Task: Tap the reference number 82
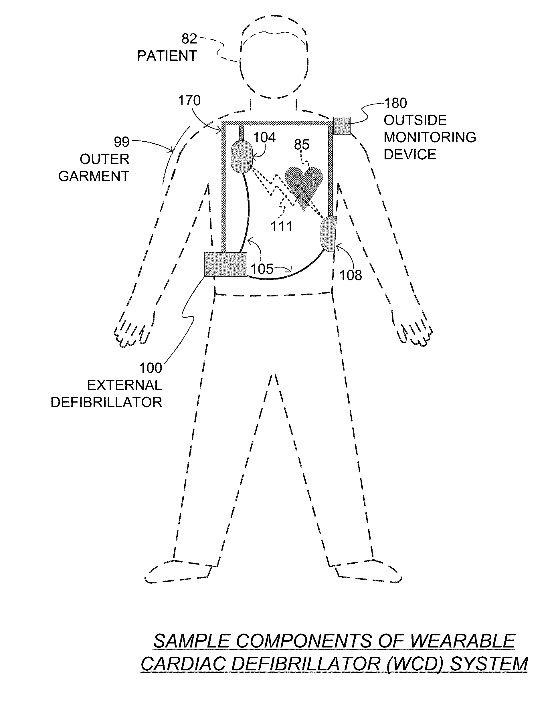189,39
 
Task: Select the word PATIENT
167,56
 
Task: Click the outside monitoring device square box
342,126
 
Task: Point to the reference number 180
396,103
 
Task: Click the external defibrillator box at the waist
225,264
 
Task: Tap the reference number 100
151,368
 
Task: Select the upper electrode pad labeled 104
241,156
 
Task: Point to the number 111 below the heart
282,226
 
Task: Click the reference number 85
302,144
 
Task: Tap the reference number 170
189,101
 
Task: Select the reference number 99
122,142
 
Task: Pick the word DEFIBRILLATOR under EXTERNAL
106,403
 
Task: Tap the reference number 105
262,269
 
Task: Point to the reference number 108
351,275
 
